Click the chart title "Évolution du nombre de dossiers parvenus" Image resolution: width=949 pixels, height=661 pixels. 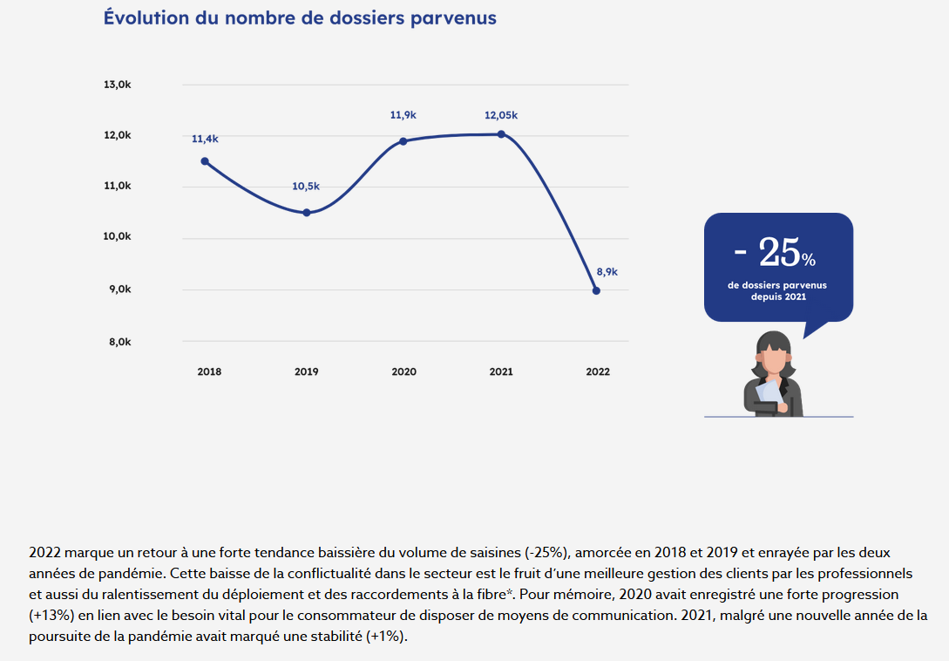coord(300,17)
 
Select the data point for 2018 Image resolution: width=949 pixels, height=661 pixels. coord(205,161)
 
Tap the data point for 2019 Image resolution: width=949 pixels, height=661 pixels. coord(306,213)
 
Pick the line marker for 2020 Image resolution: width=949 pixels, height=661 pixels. coord(403,141)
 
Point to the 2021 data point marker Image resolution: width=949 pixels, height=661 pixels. coord(501,134)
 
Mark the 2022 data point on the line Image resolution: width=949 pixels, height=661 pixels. coord(596,290)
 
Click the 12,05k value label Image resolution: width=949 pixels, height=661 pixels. coord(501,115)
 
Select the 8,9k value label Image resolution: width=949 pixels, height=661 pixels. coord(607,271)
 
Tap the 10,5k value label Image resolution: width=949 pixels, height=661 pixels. coord(306,186)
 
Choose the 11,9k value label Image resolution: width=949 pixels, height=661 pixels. coord(403,114)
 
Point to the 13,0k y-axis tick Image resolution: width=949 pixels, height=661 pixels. coord(117,85)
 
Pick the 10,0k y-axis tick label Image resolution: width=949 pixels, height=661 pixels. coord(117,236)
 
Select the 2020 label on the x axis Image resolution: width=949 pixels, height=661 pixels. coord(403,371)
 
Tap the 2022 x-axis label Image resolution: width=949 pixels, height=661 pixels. coord(598,371)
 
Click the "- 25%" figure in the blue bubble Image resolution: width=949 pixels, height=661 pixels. coord(775,253)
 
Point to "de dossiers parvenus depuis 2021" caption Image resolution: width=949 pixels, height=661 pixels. coord(778,290)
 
